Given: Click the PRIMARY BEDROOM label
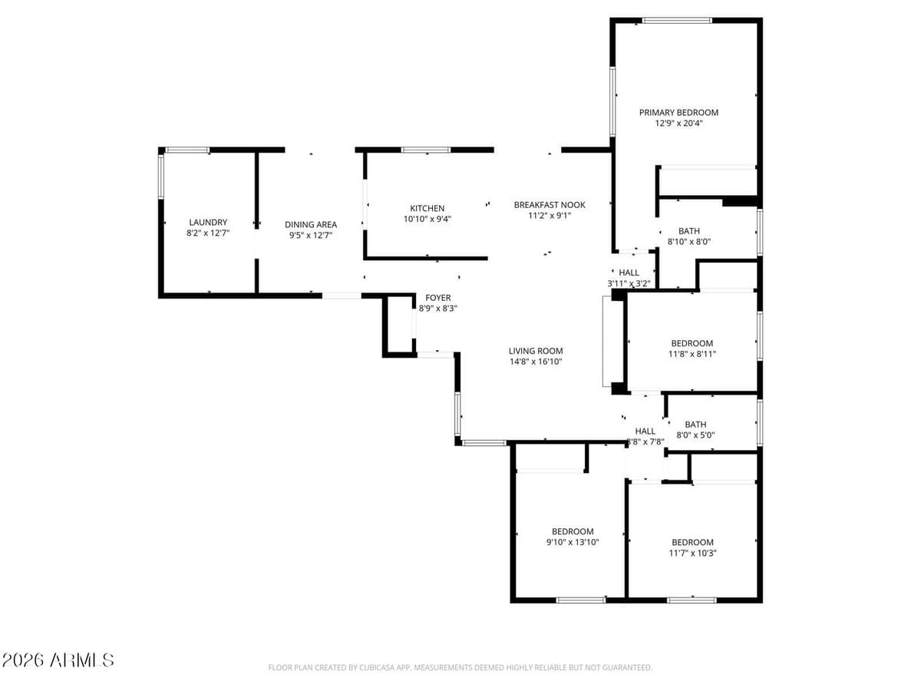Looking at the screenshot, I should [x=678, y=112].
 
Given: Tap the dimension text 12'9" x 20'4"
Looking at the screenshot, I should [x=678, y=124].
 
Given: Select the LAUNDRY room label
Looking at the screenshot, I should [x=208, y=223].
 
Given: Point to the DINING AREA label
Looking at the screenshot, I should [x=311, y=224].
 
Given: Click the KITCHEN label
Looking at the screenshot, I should [x=427, y=208].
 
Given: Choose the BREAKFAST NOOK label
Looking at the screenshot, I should [x=550, y=204].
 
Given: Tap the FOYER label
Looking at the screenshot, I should [x=438, y=297].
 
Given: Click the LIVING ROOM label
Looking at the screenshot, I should [x=536, y=351].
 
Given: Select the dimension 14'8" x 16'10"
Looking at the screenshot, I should [x=536, y=362].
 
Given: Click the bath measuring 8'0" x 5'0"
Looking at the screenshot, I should [x=695, y=429].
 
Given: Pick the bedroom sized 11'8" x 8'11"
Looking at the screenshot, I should [x=692, y=349].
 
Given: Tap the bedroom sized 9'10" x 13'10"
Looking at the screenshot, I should [x=573, y=537].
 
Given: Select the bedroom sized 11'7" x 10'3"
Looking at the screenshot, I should [x=692, y=547].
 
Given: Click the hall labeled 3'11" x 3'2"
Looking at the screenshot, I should [x=629, y=277].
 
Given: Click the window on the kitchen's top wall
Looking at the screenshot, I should [x=426, y=150].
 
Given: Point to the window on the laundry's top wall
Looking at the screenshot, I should [x=187, y=150].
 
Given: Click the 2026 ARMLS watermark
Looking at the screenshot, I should [x=58, y=660].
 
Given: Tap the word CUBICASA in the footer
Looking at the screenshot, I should [x=378, y=668].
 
